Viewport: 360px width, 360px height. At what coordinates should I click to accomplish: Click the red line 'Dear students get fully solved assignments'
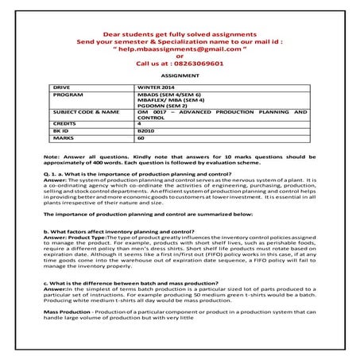point(180,27)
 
